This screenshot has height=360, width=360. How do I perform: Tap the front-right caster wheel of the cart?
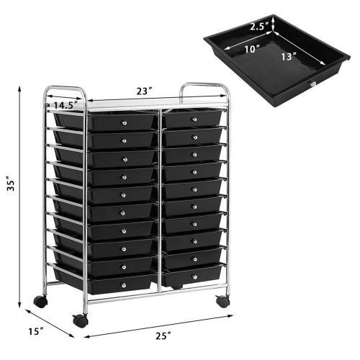[223, 301]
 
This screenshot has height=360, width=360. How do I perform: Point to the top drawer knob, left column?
[125, 118]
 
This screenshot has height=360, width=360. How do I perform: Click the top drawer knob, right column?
[195, 116]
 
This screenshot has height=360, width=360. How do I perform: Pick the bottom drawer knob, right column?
[194, 276]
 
